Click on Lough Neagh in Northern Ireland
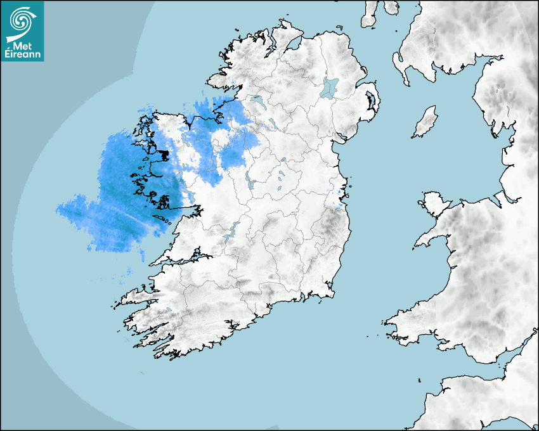(x=330, y=87)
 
